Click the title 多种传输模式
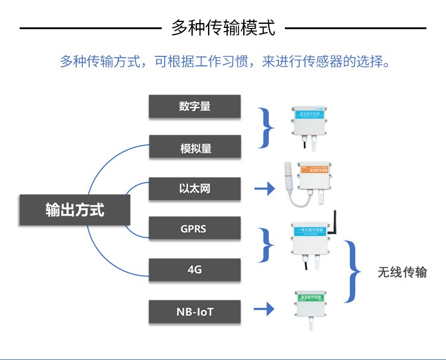[x=223, y=28]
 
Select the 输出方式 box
[x=74, y=210]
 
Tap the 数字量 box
[x=194, y=106]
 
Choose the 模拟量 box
[x=194, y=147]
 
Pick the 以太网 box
[x=194, y=189]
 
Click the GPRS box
[x=194, y=228]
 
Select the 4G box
[x=194, y=270]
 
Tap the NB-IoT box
[x=194, y=311]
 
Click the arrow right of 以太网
[x=265, y=189]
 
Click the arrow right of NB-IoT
[x=263, y=309]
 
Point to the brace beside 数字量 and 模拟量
[x=267, y=127]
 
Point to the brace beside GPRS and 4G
[x=267, y=244]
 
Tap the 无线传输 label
[x=402, y=273]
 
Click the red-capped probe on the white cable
[x=288, y=175]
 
